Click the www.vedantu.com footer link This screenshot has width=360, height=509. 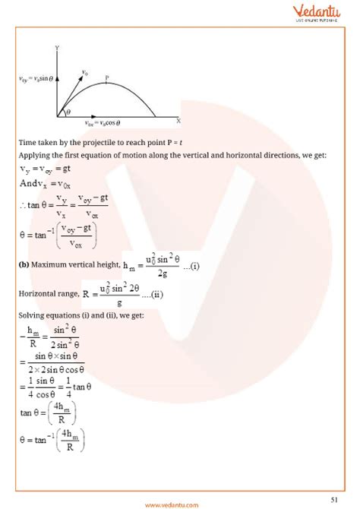(180, 502)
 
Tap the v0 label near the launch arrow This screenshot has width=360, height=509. (84, 73)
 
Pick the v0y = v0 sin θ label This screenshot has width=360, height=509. (35, 78)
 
